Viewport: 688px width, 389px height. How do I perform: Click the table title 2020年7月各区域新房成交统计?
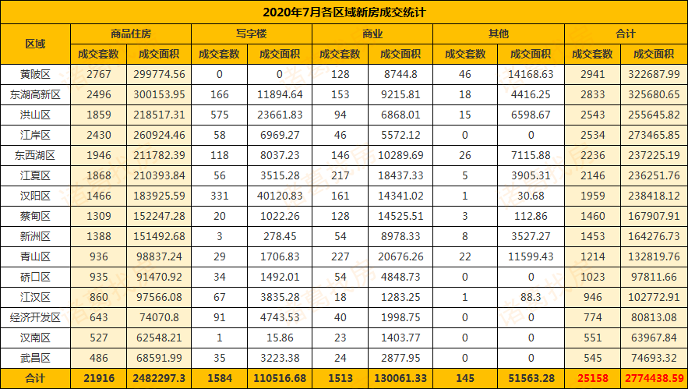pos(344,12)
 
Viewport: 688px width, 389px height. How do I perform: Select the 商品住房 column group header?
pos(131,34)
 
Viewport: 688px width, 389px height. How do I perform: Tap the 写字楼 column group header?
pos(251,34)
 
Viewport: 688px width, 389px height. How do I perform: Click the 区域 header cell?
pos(35,44)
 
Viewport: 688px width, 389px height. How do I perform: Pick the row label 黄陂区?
pos(35,75)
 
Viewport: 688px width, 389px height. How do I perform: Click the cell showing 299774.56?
pos(161,75)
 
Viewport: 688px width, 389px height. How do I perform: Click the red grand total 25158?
pos(592,379)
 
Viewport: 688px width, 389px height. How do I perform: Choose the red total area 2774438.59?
pos(654,379)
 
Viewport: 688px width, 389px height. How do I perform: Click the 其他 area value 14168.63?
pos(529,75)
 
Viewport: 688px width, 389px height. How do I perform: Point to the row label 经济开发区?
pos(35,318)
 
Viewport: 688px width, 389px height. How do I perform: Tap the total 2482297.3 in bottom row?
pos(161,379)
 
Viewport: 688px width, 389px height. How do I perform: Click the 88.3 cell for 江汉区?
pos(529,298)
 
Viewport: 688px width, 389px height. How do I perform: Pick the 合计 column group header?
pos(625,34)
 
